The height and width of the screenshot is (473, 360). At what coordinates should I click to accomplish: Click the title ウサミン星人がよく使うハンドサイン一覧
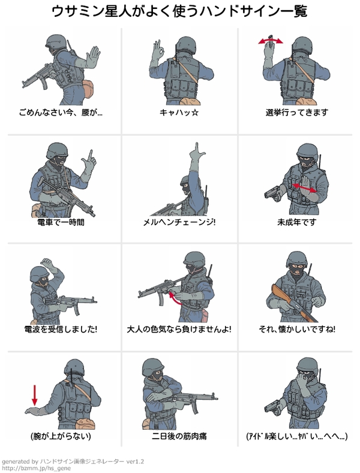179,11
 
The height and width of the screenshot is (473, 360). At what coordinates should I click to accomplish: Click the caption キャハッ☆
179,112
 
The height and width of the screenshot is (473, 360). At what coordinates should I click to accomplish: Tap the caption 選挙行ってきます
296,112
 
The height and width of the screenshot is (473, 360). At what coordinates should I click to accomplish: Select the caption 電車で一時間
61,222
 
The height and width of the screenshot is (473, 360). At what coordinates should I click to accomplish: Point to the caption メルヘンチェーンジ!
179,222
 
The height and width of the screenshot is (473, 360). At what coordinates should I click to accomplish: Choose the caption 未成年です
296,222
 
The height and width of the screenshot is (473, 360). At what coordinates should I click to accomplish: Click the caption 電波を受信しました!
61,329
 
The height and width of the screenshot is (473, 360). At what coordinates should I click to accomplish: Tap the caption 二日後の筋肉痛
179,436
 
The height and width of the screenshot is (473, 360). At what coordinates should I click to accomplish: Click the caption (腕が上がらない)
61,436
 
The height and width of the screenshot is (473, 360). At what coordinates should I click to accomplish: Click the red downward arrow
35,395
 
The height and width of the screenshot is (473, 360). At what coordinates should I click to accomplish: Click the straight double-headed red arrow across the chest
305,188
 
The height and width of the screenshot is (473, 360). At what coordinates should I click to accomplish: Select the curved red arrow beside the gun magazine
174,298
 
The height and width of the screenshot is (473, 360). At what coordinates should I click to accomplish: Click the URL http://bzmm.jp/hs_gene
36,468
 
